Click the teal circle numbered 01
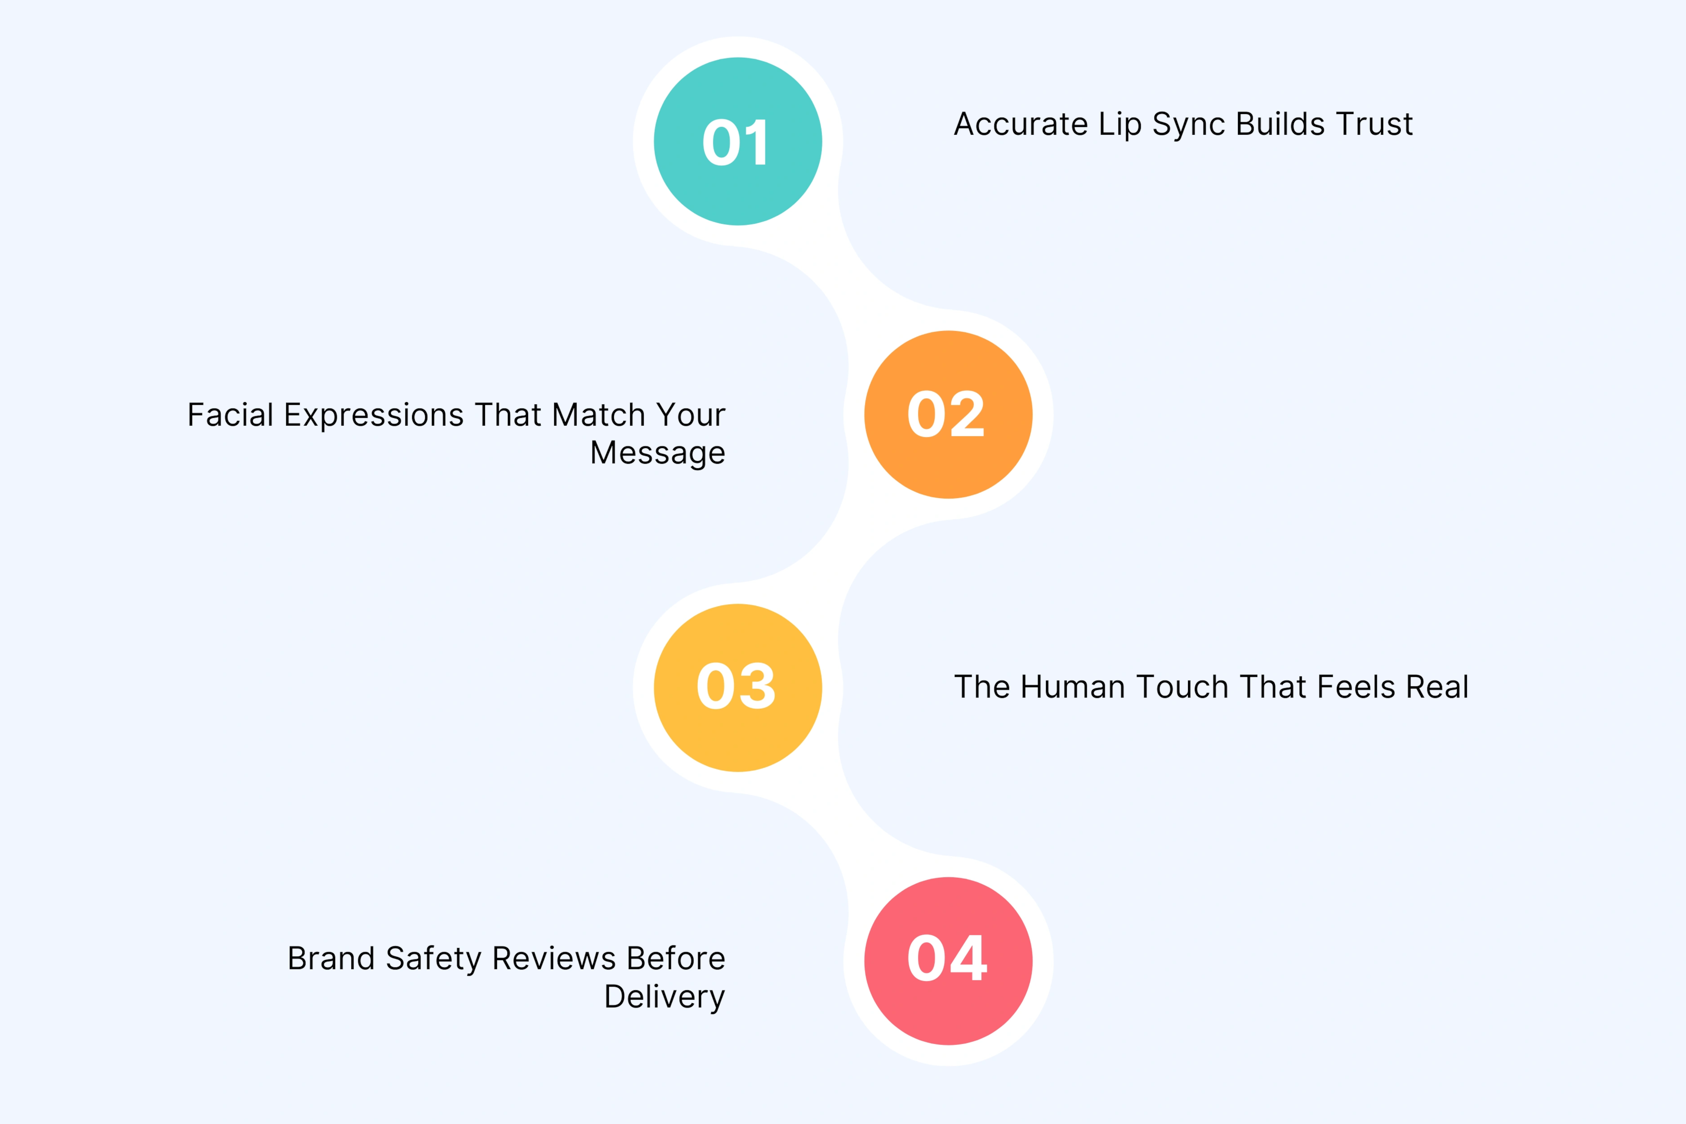[738, 141]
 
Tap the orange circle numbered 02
[948, 414]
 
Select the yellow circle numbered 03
[738, 687]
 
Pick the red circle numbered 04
[948, 961]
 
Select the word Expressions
[374, 416]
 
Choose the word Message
[657, 453]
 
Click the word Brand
[330, 959]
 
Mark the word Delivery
[665, 997]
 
